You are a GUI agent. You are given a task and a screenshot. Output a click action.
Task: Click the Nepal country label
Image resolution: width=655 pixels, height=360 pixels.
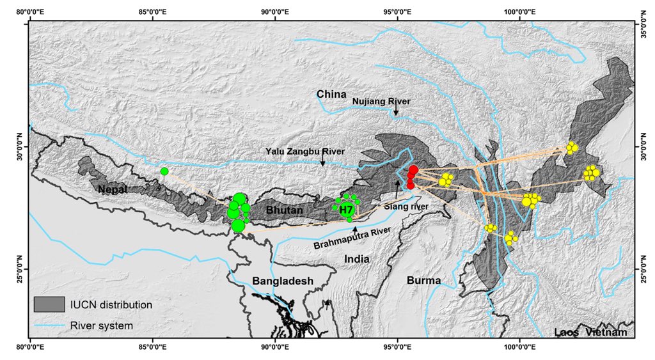pyautogui.click(x=113, y=189)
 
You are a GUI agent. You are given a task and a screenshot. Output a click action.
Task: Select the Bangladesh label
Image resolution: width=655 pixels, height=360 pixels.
pyautogui.click(x=282, y=281)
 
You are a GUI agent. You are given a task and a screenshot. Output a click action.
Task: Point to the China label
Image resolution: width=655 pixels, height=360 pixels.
pyautogui.click(x=331, y=95)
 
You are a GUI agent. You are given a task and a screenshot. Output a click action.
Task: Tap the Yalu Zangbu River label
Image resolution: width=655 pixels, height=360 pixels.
pyautogui.click(x=306, y=152)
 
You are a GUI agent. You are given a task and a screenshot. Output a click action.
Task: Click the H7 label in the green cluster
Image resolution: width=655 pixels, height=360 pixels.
pyautogui.click(x=346, y=209)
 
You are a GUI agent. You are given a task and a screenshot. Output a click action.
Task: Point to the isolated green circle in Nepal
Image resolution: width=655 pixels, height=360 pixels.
pyautogui.click(x=164, y=171)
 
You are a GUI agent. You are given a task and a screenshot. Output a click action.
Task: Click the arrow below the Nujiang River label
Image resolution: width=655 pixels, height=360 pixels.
pyautogui.click(x=396, y=111)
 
